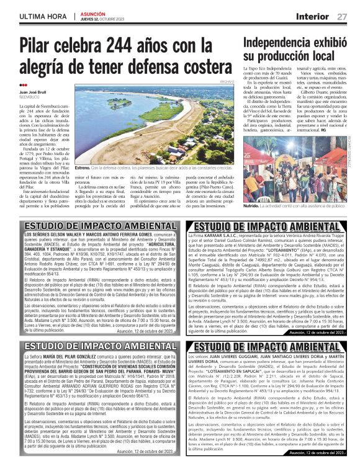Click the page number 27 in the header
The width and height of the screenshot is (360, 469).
pyautogui.click(x=341, y=16)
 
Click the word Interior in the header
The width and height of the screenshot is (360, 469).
pyautogui.click(x=312, y=16)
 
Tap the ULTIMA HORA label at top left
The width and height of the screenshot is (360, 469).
pyautogui.click(x=42, y=17)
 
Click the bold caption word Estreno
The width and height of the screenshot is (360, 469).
pyautogui.click(x=83, y=167)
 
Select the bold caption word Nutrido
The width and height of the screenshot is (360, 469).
pyautogui.click(x=252, y=204)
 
